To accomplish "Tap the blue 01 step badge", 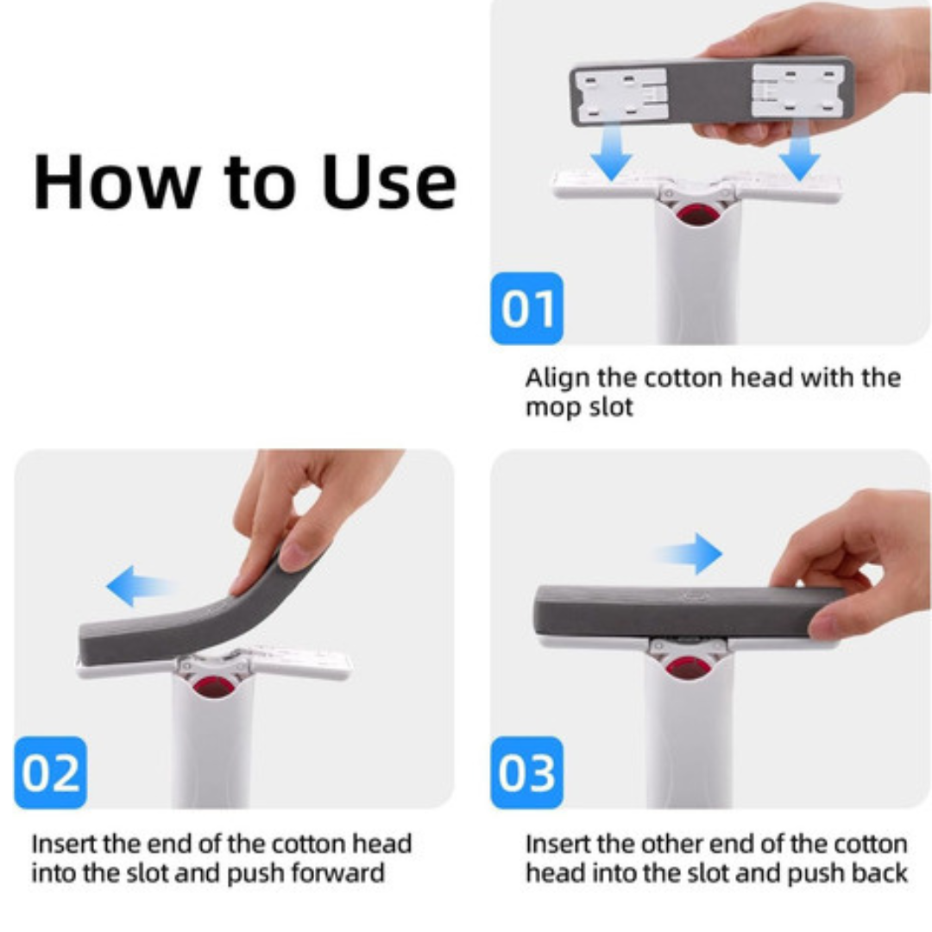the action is tap(526, 308).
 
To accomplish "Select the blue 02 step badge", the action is tap(51, 772).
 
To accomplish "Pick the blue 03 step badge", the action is tap(526, 772).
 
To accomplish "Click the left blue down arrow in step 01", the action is tap(611, 152).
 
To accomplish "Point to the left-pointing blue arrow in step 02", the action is tap(141, 586).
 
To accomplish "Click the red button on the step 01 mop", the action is tap(696, 214).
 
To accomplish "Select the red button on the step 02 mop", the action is tap(213, 687).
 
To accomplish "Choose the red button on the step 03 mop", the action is tap(686, 667).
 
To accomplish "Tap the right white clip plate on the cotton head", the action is tap(797, 91).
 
